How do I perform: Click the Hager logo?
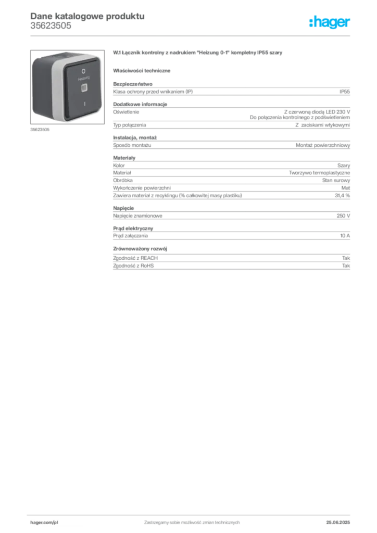point(329,22)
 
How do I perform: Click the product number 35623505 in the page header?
point(51,26)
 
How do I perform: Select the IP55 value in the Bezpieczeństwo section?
point(344,92)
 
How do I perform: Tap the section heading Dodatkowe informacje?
point(140,104)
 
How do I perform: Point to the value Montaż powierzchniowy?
point(323,145)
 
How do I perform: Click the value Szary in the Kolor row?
point(343,166)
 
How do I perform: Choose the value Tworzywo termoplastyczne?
point(319,173)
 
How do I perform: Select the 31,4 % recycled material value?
point(342,196)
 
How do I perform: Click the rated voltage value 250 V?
point(343,216)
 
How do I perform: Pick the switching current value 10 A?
point(345,236)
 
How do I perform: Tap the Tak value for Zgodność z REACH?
point(346,258)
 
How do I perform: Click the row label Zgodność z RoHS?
point(133,266)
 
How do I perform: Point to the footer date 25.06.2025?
point(338,523)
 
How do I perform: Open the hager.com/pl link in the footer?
point(44,523)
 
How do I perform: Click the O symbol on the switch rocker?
point(83,71)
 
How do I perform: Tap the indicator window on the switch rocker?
point(84,88)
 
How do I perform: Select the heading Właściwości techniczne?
point(142,71)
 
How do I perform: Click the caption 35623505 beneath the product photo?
point(40,130)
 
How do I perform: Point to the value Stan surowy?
point(336,181)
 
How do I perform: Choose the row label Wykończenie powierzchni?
point(142,188)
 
